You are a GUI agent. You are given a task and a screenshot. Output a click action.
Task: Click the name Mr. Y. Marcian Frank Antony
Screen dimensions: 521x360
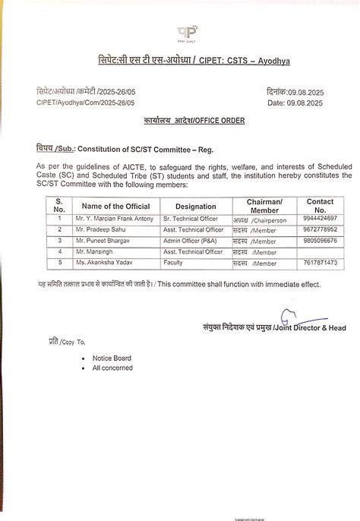[x=114, y=218]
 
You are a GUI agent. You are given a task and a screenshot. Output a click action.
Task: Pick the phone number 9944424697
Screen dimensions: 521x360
[x=319, y=218]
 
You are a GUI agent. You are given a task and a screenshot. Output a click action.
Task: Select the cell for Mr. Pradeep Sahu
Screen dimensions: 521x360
[x=102, y=229]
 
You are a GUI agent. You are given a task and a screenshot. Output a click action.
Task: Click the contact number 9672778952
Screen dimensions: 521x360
[x=319, y=229]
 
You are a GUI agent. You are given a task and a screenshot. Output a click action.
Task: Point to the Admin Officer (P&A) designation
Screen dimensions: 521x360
[x=189, y=240]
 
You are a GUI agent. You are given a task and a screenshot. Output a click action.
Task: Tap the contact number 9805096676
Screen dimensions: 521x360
[x=319, y=240]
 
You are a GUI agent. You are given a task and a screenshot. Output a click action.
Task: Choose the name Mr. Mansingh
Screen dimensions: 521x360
[x=96, y=251]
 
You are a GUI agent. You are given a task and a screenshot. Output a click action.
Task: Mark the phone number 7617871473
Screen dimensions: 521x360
[x=319, y=263]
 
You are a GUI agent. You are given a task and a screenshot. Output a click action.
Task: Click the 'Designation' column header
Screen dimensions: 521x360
[x=195, y=206]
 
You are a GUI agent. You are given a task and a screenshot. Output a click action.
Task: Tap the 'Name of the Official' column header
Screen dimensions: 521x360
[x=115, y=206]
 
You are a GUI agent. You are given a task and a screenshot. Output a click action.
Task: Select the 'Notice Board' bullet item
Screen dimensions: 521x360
[x=112, y=358]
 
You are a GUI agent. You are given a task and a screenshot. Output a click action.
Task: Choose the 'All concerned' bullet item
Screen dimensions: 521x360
[x=112, y=368]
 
